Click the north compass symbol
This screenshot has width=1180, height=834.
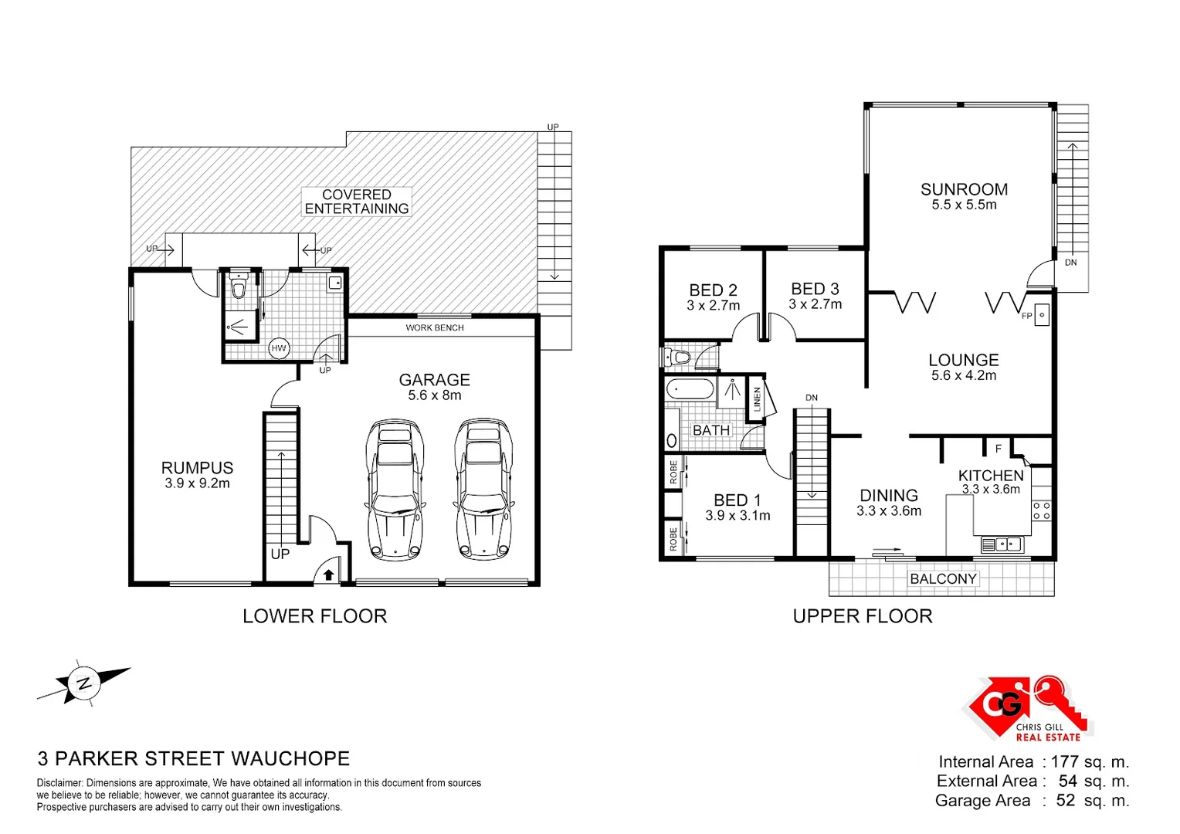click(83, 683)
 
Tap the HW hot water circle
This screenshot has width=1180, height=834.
click(279, 348)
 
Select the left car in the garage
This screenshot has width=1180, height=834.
click(394, 489)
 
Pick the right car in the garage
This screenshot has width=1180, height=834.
click(484, 489)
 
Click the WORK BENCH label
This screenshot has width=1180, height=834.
click(435, 327)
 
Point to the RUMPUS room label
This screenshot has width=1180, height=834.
click(197, 468)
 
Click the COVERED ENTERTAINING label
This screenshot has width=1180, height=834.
click(356, 202)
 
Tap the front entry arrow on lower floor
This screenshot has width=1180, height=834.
click(328, 574)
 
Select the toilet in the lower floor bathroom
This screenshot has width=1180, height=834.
click(239, 288)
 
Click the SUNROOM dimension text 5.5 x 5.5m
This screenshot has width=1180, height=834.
click(964, 205)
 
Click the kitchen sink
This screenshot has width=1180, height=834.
click(1002, 545)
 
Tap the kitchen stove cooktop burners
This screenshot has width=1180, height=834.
click(1041, 510)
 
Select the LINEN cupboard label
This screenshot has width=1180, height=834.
click(757, 398)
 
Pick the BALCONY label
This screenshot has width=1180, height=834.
click(943, 579)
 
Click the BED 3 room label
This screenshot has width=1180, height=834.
click(815, 289)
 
